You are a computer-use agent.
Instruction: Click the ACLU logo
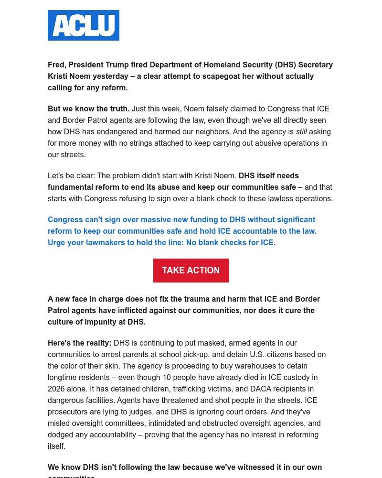[x=84, y=25]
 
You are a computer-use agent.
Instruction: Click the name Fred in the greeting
[x=56, y=65]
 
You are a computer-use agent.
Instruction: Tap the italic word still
[x=301, y=132]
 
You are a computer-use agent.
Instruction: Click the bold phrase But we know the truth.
[x=88, y=109]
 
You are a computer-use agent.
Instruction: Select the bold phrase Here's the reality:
[x=79, y=343]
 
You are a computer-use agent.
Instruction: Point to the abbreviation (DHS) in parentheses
[x=285, y=65]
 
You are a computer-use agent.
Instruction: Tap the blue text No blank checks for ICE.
[x=231, y=243]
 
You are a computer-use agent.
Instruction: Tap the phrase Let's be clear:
[x=71, y=176]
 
